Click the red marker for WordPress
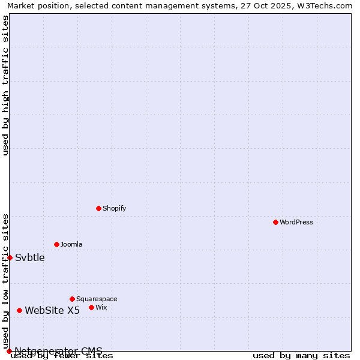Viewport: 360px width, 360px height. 275,222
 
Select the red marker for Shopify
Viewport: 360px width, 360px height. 99,208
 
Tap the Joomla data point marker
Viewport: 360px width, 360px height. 56,244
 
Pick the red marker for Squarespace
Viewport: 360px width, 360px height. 72,299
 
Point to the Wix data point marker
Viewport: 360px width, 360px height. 91,307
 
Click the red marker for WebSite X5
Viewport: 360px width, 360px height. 20,310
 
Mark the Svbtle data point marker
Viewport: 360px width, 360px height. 10,257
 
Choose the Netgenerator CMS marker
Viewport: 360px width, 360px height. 9,351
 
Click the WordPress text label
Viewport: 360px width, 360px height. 296,222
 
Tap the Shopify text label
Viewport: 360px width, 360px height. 114,208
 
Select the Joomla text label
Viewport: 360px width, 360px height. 71,244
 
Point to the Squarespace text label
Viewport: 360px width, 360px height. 97,299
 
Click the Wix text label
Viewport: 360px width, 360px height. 101,307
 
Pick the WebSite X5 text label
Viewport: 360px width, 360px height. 52,310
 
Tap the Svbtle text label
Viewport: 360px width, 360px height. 30,257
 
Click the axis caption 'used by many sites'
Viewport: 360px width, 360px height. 301,355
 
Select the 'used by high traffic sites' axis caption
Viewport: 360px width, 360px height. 6,86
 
